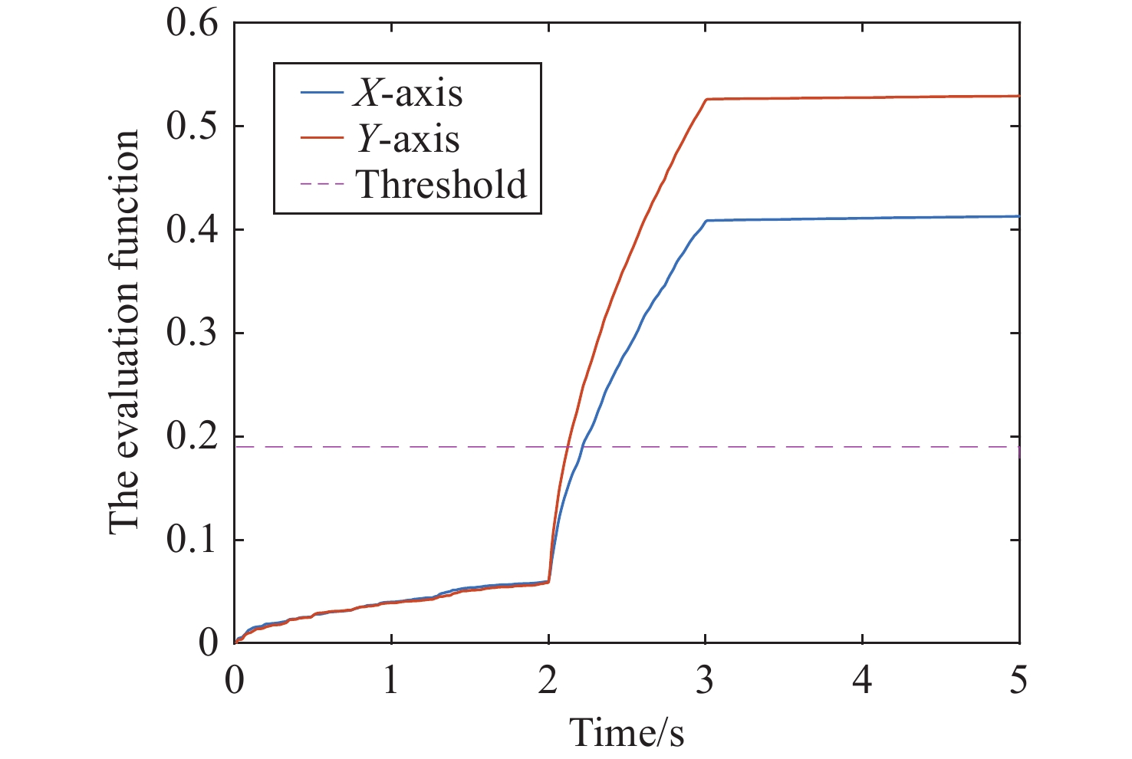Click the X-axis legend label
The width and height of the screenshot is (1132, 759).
point(407,93)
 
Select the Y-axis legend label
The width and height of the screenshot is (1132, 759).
point(406,139)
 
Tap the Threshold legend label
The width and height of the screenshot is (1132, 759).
point(442,184)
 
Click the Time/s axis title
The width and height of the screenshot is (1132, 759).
point(627,732)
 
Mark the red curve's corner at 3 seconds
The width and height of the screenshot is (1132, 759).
point(706,100)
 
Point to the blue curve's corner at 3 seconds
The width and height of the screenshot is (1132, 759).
point(706,221)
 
